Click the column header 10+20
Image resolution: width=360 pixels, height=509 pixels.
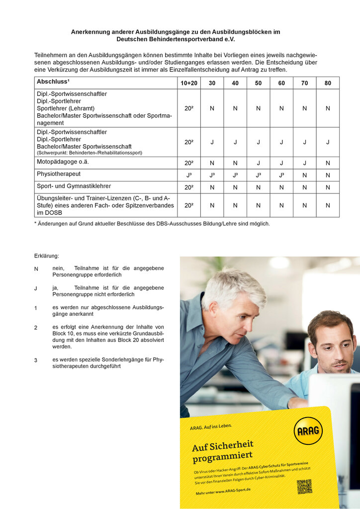point(189,83)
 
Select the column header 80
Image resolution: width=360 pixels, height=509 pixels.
point(328,83)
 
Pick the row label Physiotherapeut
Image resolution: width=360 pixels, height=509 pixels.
point(59,174)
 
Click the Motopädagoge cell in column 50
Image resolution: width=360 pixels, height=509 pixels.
point(259,163)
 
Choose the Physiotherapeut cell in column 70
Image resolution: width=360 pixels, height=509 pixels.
point(304,175)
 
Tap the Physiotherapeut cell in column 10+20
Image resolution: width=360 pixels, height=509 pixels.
point(189,175)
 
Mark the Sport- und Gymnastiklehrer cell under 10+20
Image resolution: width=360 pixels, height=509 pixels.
point(189,187)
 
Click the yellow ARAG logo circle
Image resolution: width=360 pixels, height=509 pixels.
point(308,430)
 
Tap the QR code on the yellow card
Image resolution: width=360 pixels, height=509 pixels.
point(304,486)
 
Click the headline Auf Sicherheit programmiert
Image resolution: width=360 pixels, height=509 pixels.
point(223,450)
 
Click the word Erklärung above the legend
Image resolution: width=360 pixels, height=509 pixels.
point(47,256)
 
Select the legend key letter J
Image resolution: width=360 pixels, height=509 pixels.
point(36,289)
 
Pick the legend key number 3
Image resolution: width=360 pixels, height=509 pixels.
point(36,360)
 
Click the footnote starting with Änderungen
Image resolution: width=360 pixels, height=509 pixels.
point(152,224)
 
